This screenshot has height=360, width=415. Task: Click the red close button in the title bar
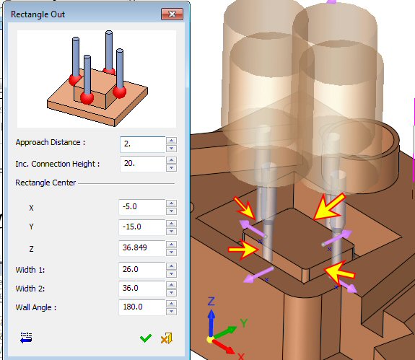click(x=172, y=14)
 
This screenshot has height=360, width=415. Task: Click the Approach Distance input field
click(x=142, y=144)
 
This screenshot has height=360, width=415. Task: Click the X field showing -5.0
click(x=142, y=207)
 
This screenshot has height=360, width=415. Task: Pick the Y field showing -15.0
click(x=142, y=227)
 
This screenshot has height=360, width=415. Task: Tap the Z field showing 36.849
click(x=142, y=248)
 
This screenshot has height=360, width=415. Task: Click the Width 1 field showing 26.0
click(x=142, y=270)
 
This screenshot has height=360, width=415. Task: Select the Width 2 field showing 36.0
click(x=142, y=289)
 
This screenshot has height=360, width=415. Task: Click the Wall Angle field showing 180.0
click(x=142, y=307)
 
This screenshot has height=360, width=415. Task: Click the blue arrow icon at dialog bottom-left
click(x=26, y=338)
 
